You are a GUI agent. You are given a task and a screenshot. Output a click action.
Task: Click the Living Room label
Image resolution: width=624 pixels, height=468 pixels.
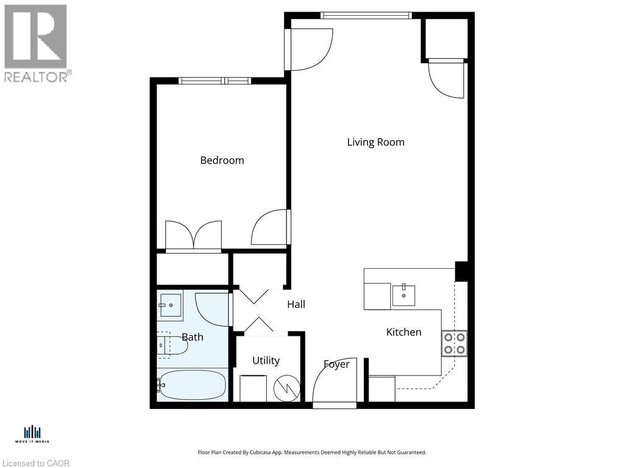pyautogui.click(x=375, y=142)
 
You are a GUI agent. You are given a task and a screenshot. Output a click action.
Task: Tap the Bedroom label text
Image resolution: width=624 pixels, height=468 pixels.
pyautogui.click(x=222, y=160)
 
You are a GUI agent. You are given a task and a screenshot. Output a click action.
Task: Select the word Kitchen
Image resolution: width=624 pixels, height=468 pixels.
pyautogui.click(x=403, y=332)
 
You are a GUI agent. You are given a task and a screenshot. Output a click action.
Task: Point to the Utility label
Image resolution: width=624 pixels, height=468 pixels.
pyautogui.click(x=266, y=360)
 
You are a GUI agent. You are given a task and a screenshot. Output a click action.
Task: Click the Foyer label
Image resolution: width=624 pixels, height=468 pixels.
pyautogui.click(x=336, y=364)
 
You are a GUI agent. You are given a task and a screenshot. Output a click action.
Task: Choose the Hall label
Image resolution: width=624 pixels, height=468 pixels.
pyautogui.click(x=296, y=304)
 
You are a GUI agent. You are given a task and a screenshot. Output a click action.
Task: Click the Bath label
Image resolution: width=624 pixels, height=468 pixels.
pyautogui.click(x=193, y=337)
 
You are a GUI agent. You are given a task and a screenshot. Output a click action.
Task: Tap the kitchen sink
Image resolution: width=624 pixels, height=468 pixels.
pyautogui.click(x=403, y=295)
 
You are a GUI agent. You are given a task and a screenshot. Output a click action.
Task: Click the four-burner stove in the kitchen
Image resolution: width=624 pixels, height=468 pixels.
pyautogui.click(x=454, y=343)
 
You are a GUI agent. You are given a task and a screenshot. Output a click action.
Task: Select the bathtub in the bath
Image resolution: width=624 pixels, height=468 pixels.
pyautogui.click(x=193, y=385)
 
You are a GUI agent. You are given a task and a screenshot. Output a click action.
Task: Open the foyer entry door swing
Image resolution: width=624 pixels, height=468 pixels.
pyautogui.click(x=333, y=381)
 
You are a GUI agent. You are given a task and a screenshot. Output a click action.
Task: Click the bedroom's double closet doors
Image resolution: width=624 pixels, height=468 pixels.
pyautogui.click(x=194, y=236)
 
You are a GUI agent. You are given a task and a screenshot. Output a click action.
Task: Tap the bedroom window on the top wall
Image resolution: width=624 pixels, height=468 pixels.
pyautogui.click(x=214, y=80)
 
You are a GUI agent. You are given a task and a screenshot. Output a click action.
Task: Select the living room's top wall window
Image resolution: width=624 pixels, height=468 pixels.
pyautogui.click(x=366, y=15)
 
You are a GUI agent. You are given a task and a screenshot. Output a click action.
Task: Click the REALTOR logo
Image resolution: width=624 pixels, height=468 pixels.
pyautogui.click(x=36, y=43)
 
